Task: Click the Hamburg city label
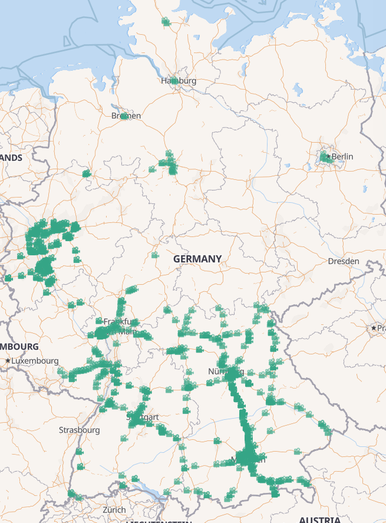click(x=179, y=81)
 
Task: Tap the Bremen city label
click(x=126, y=116)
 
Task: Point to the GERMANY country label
click(x=197, y=259)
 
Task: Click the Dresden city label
click(x=344, y=261)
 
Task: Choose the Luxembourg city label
click(x=35, y=360)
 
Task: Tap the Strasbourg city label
click(x=79, y=430)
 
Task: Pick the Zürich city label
click(x=114, y=509)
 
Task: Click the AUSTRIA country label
click(x=319, y=519)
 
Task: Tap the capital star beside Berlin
click(x=328, y=157)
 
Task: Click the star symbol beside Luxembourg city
click(x=7, y=360)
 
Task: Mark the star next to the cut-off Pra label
click(x=373, y=328)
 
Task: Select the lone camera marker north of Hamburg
click(x=166, y=22)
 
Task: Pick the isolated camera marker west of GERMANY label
click(x=154, y=255)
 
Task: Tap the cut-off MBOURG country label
click(x=19, y=347)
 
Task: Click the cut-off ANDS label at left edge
click(x=11, y=158)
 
